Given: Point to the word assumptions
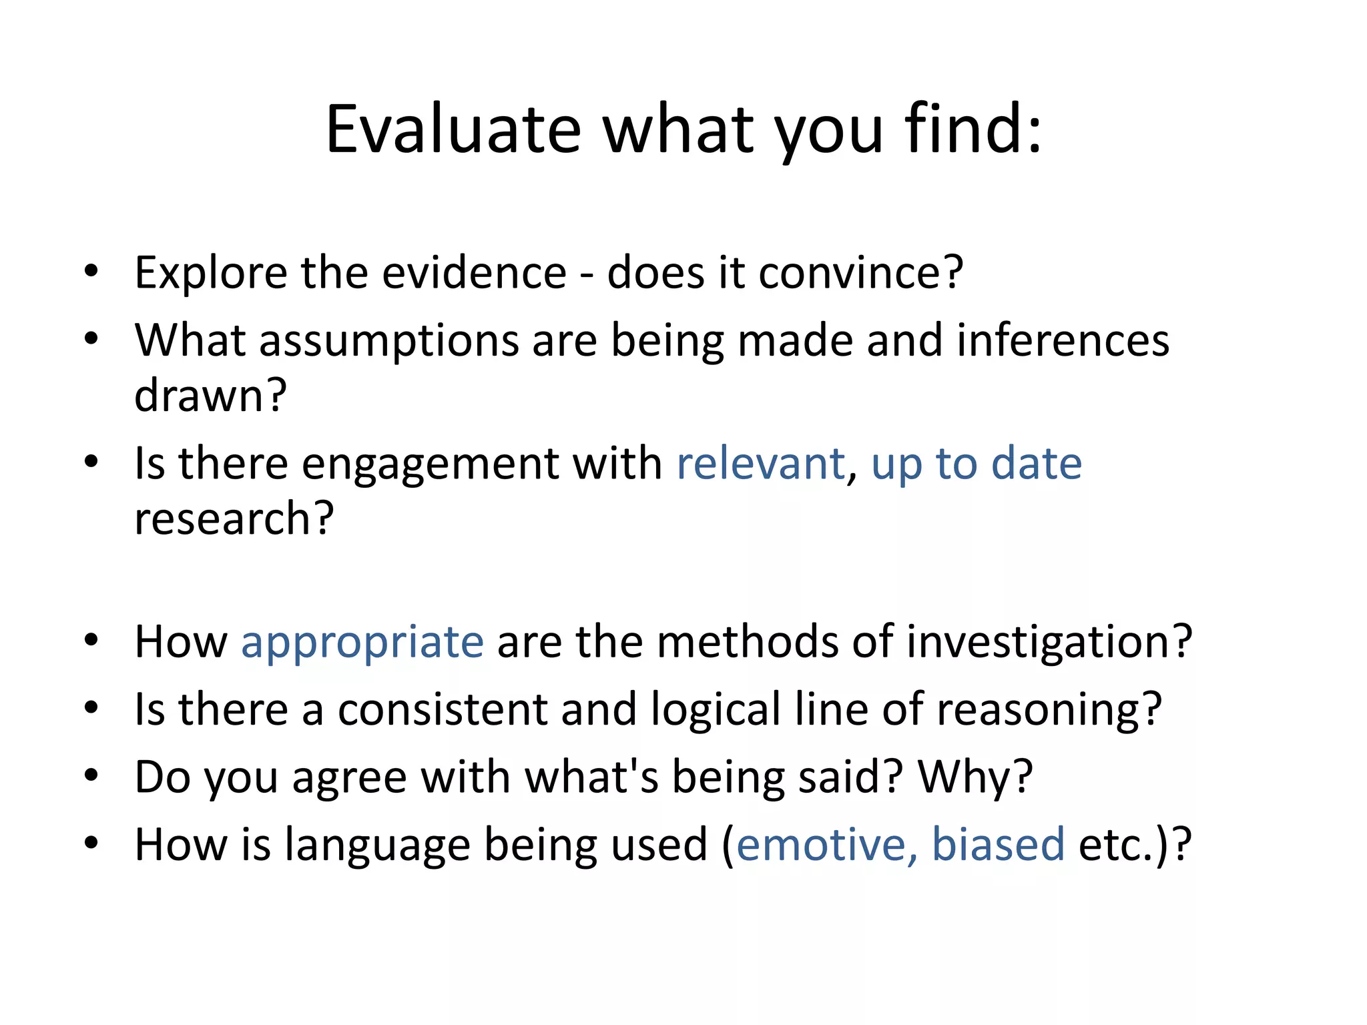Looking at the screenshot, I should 388,342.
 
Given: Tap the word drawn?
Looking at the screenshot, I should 210,396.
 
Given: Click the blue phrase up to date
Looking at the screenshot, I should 977,465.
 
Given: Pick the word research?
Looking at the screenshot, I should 234,519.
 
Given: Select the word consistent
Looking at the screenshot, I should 442,709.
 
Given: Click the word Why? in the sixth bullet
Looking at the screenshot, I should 975,779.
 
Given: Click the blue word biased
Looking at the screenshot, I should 998,845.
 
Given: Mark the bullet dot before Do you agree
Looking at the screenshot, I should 91,776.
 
